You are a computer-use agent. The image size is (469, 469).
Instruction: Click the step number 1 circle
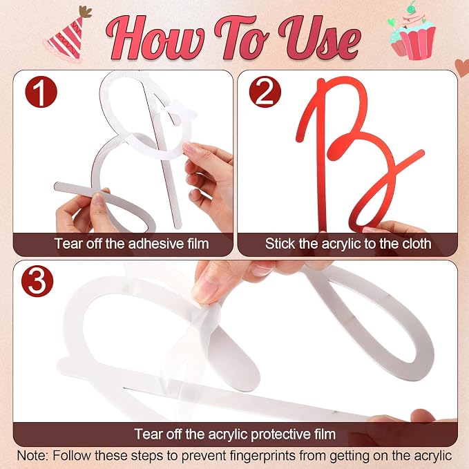[41, 92]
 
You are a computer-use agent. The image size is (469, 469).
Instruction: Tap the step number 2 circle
[265, 92]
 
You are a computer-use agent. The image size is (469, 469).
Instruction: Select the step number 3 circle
[37, 281]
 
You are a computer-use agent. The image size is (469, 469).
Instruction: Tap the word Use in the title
[319, 38]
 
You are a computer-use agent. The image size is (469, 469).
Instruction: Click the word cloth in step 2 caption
[417, 244]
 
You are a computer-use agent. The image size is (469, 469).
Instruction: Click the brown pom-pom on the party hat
[86, 12]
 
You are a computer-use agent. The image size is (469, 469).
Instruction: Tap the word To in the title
[242, 38]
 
